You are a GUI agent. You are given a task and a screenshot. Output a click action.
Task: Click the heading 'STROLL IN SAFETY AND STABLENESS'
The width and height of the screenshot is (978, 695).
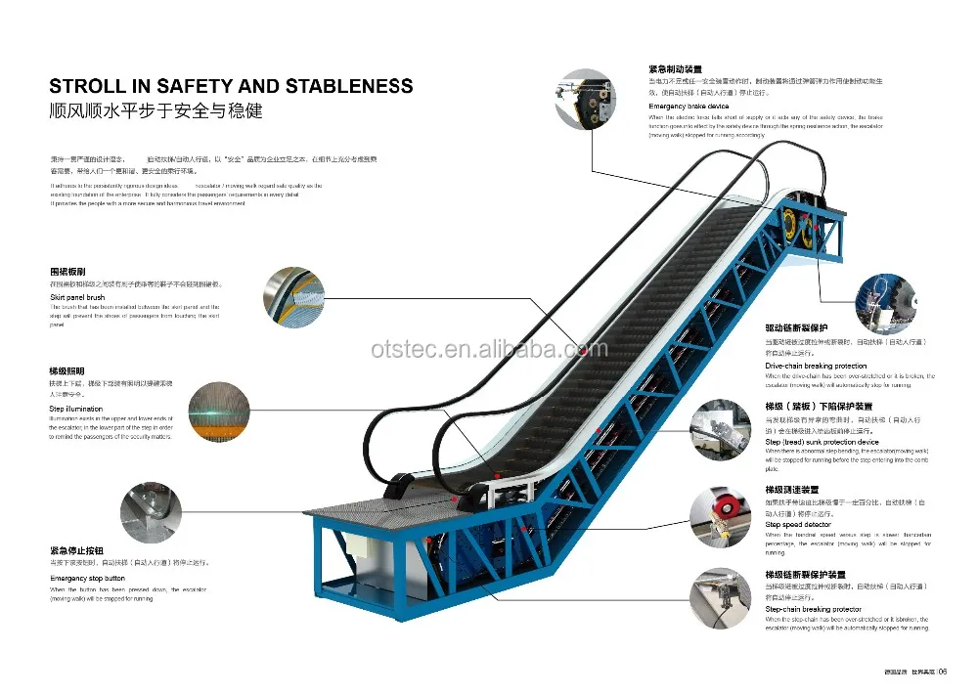tap(231, 87)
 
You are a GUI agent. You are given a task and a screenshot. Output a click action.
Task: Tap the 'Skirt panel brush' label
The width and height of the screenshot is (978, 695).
tap(77, 296)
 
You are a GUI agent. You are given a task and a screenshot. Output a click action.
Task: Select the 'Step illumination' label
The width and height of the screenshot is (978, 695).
tap(76, 409)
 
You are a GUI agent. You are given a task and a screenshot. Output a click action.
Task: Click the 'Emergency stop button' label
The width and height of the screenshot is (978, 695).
tap(88, 579)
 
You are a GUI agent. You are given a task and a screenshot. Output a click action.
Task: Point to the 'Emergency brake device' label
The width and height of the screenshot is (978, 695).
tap(689, 107)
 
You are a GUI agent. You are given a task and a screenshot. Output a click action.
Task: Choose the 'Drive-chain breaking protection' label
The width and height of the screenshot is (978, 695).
tap(816, 366)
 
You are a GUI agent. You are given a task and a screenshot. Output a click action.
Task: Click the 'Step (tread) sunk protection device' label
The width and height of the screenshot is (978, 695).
tap(822, 442)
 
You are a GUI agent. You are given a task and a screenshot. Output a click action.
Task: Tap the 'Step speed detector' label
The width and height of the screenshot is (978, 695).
tap(799, 525)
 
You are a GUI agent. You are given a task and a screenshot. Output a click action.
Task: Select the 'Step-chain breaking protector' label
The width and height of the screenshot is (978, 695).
tap(813, 609)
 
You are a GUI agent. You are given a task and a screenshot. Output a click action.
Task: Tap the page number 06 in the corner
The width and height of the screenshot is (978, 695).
tap(943, 671)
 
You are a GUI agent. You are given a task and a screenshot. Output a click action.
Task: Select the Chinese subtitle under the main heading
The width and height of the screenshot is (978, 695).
tap(156, 110)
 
